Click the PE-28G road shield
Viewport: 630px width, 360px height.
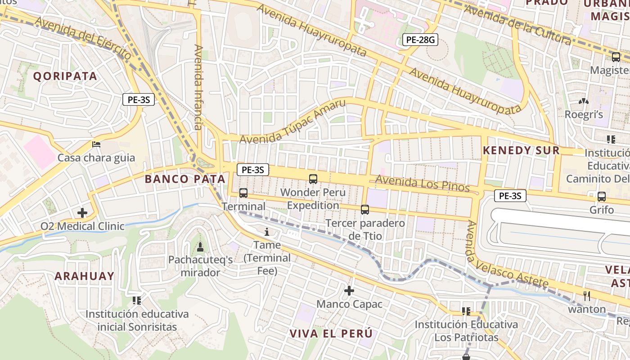coord(419,40)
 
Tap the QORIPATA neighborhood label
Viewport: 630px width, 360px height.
coord(65,76)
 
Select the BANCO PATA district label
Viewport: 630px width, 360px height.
coord(184,179)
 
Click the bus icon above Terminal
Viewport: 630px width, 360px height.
coord(243,193)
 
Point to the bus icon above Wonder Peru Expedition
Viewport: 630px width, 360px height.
coord(313,179)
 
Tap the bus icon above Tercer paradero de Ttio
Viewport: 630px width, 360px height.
coord(365,210)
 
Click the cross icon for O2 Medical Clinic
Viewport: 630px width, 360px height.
coord(82,212)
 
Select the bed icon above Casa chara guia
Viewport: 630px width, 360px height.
coord(96,144)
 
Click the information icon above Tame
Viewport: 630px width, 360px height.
coord(267,232)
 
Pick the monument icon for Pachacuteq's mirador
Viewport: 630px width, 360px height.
coord(200,247)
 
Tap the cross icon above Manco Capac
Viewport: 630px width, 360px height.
coord(349,291)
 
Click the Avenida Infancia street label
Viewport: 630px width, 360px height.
coord(198,87)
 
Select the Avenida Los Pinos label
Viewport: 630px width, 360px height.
coord(422,182)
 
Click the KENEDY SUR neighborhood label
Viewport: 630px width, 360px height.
coord(521,151)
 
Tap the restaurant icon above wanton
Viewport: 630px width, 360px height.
coord(586,296)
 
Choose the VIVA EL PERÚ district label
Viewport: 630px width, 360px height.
coord(331,334)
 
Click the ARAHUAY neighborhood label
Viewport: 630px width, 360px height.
coord(85,276)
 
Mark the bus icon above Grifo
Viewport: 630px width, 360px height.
coord(602,197)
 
